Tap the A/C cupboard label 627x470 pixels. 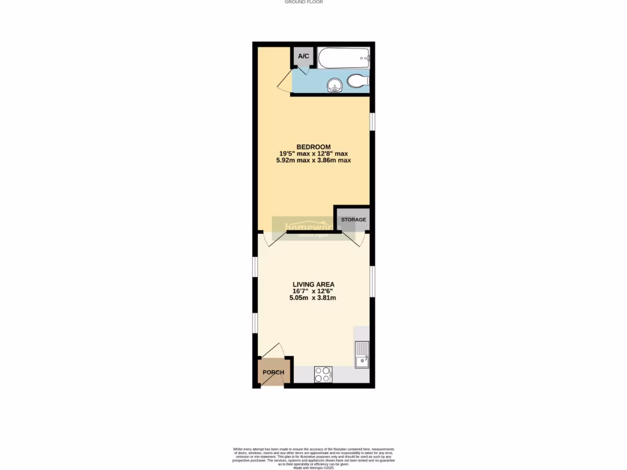[304, 57]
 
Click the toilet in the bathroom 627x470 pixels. [357, 80]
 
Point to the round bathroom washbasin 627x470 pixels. [334, 85]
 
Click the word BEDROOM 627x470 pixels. [313, 147]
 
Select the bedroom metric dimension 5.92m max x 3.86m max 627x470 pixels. [313, 160]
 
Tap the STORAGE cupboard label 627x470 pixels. [353, 220]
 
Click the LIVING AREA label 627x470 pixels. [313, 285]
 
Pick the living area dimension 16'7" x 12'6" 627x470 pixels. [313, 291]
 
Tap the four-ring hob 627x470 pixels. [323, 374]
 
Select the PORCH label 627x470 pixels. [273, 373]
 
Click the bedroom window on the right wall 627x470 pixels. [372, 121]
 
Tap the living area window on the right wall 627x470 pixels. [372, 282]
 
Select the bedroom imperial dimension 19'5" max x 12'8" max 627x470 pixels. [313, 154]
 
